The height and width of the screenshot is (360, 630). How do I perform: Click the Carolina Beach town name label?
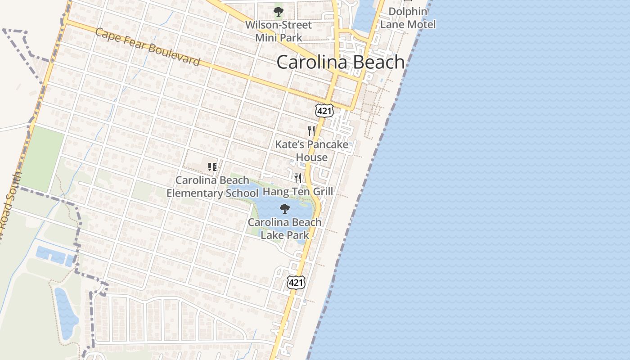click(341, 62)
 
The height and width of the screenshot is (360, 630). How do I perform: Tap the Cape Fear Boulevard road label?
click(148, 47)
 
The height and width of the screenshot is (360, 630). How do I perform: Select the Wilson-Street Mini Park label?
click(279, 31)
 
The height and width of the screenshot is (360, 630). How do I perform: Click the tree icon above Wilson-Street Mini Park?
click(279, 11)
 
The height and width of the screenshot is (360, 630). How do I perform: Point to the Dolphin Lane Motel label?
click(408, 18)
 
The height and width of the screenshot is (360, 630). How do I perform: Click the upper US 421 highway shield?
click(324, 110)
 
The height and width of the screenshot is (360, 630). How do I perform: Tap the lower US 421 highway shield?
click(296, 282)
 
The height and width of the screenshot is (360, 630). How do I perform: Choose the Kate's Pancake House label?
click(312, 151)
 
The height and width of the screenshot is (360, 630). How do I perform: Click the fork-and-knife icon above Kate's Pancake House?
click(311, 131)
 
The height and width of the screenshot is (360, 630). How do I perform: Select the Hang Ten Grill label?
click(298, 192)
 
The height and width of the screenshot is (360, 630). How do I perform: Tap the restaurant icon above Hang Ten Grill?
click(297, 178)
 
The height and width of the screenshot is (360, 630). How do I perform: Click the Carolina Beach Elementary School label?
click(212, 187)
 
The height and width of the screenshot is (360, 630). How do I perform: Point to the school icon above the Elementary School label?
click(212, 167)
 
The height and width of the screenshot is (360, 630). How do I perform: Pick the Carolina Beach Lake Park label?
click(285, 228)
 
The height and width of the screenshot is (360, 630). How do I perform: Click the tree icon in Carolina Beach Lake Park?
click(284, 208)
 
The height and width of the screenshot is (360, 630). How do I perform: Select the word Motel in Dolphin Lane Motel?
click(422, 24)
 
